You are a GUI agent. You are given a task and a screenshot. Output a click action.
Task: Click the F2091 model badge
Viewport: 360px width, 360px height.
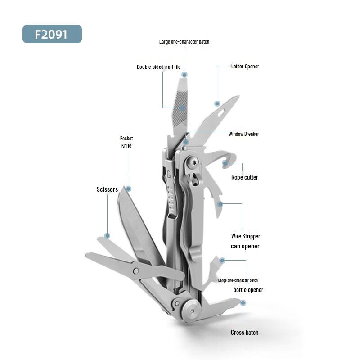[x=52, y=34]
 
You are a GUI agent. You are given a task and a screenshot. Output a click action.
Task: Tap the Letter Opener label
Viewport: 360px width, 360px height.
[x=245, y=67]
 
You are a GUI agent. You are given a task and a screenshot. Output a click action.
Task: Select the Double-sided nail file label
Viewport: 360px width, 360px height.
[x=159, y=67]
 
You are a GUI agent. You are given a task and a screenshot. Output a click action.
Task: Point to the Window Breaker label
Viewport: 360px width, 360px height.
[x=243, y=134]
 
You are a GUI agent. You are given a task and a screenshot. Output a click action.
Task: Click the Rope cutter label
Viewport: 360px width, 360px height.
[x=244, y=177]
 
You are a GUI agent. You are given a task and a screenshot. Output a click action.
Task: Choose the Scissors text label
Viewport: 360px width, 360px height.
[x=107, y=189]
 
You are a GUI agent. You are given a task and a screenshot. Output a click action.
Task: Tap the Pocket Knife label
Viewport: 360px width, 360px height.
[x=126, y=142]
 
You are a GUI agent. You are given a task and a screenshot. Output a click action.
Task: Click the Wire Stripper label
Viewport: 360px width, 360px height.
[x=245, y=236]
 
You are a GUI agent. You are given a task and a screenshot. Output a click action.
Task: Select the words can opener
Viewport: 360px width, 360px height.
[x=245, y=246]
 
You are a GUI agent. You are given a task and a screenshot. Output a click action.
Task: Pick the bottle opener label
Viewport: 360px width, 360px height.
[x=248, y=290]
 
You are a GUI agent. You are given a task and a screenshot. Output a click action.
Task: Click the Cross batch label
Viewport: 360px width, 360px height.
[x=244, y=333]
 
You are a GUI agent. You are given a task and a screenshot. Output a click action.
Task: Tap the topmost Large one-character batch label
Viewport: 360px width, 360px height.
[x=184, y=42]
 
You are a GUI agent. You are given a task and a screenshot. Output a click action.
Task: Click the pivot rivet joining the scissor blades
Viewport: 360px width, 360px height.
[x=136, y=271]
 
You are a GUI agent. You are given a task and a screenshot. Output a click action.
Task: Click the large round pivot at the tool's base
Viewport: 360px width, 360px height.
[x=192, y=310]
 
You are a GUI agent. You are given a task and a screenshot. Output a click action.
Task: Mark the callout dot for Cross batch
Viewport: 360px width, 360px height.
[x=243, y=303]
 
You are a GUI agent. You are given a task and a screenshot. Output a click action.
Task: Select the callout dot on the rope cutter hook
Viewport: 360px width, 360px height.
[x=225, y=163]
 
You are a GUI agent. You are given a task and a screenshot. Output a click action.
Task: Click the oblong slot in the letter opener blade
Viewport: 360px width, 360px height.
[x=222, y=112]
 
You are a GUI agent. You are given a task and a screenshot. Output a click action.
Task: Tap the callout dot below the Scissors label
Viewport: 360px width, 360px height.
[x=107, y=235]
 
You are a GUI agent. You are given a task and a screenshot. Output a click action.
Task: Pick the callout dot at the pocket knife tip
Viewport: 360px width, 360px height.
[x=128, y=189]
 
